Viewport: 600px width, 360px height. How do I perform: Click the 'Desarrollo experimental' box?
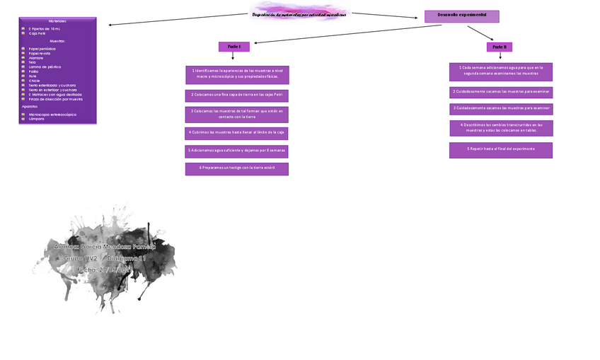461,16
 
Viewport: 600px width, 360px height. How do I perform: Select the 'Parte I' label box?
233,47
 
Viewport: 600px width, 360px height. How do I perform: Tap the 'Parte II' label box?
500,47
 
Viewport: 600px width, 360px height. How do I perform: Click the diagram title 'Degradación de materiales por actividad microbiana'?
299,14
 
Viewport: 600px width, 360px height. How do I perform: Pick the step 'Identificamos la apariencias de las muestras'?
237,74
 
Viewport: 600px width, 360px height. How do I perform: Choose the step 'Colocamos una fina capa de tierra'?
237,95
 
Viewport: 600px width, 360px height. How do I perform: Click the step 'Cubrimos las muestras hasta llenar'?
237,132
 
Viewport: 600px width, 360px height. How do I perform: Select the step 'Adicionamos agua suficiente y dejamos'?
237,151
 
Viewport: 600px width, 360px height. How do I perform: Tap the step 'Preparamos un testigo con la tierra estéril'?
237,168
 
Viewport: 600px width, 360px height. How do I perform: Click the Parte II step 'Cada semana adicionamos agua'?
501,71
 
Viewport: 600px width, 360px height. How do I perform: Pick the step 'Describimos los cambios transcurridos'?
501,128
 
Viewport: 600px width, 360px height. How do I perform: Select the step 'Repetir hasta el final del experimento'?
501,150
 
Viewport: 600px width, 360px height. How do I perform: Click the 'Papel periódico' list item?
42,49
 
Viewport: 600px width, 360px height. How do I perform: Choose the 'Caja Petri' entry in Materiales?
38,33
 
